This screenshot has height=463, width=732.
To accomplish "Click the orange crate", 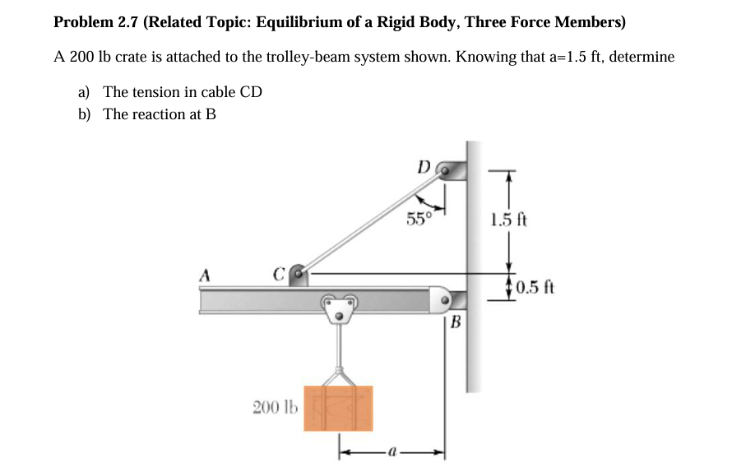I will coord(338,408).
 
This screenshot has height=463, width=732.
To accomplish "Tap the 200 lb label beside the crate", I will coord(271,406).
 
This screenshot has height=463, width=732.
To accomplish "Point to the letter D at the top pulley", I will coord(424,167).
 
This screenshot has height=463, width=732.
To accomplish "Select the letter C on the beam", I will coord(279,272).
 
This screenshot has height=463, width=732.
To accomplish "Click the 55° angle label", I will coord(419,219).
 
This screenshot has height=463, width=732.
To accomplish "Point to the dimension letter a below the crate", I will coord(392,451).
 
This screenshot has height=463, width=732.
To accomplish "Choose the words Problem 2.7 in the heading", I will coord(96,22).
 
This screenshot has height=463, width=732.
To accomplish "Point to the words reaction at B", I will coord(172,113).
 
